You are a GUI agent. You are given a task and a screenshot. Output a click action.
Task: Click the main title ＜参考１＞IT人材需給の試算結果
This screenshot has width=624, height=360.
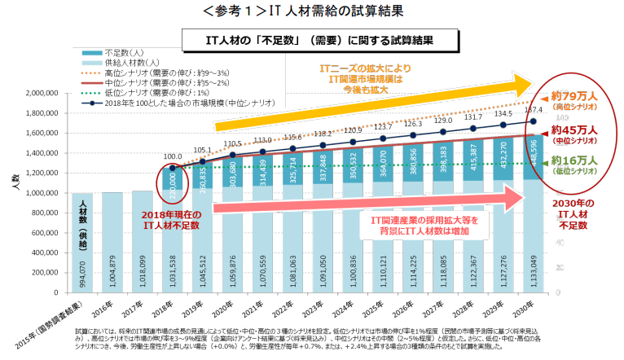point(311,11)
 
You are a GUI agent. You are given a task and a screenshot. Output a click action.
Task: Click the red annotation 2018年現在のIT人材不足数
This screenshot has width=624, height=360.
point(167,219)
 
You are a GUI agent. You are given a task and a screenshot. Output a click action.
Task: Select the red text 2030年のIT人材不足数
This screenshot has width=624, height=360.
point(577,213)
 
